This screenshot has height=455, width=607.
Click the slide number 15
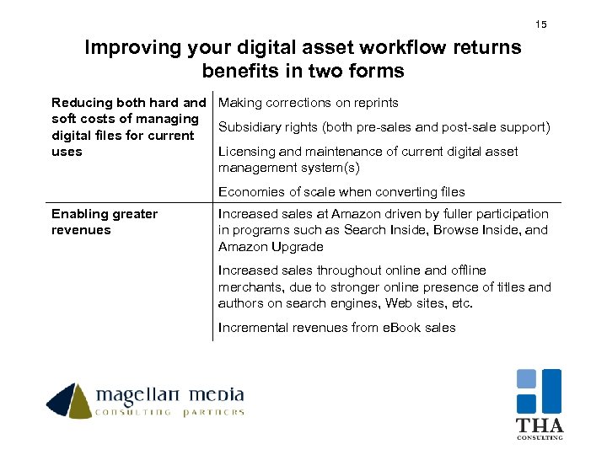pos(541,24)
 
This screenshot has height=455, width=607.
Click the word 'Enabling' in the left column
pos(77,214)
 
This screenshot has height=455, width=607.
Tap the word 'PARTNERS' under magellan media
pos(213,412)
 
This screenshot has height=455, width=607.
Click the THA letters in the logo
pos(540,426)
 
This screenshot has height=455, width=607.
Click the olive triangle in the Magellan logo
pos(82,404)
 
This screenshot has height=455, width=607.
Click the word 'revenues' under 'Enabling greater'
pos(81,230)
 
